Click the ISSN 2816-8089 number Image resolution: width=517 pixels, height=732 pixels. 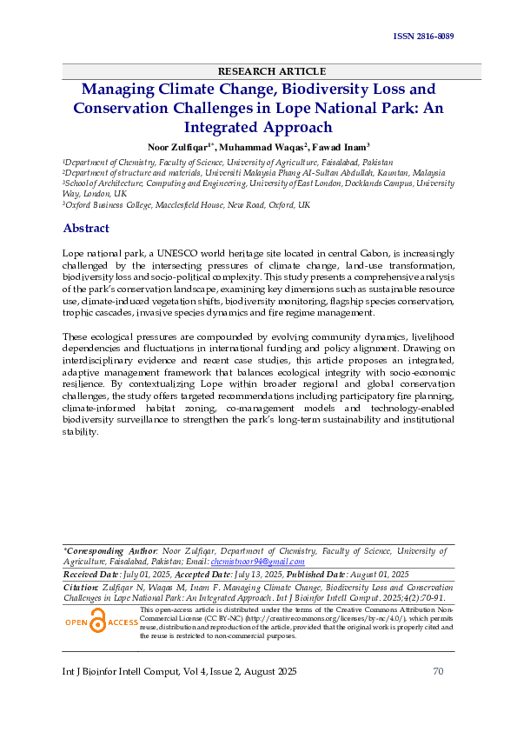424,37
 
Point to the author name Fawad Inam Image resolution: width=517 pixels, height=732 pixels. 341,147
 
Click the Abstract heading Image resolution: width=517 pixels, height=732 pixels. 86,229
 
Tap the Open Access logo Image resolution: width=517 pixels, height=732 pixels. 102,622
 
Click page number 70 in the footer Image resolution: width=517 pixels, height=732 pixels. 438,672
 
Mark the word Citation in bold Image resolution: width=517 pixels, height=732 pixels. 81,588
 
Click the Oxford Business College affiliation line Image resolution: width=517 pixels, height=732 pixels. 187,205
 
